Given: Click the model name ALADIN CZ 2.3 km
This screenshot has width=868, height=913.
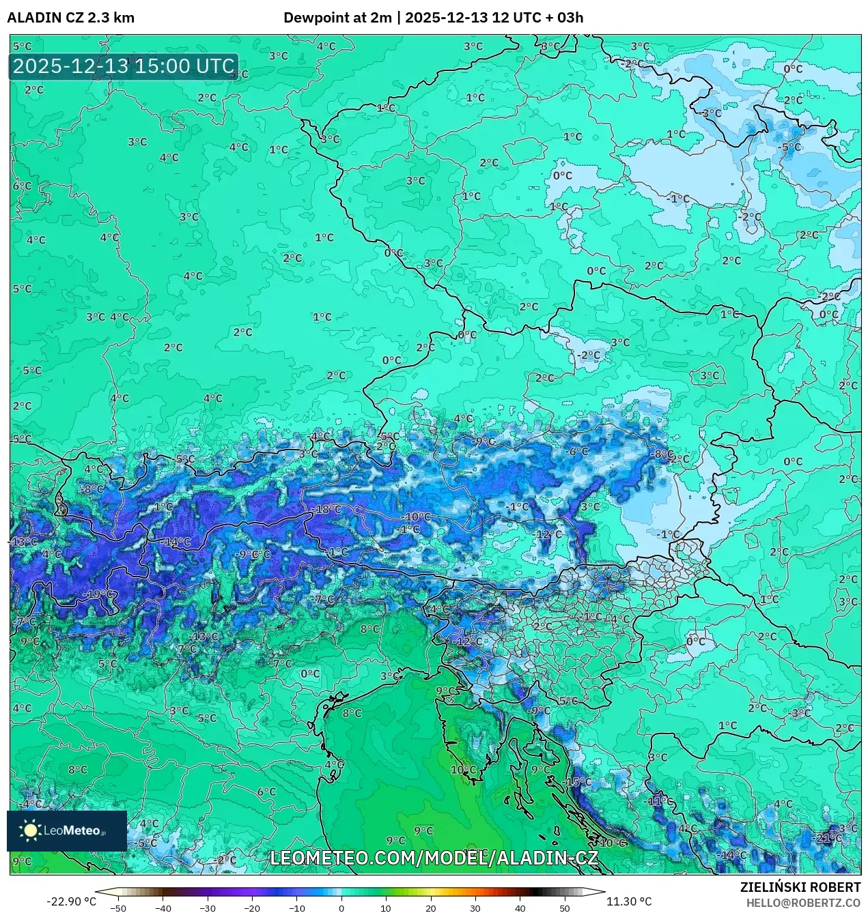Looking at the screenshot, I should tap(70, 18).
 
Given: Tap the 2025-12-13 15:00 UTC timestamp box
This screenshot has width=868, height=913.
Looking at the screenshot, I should tap(124, 66).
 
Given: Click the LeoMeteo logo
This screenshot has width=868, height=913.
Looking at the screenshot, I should tap(66, 830).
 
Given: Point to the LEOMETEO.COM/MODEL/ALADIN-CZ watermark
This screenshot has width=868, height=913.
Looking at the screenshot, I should tap(434, 858).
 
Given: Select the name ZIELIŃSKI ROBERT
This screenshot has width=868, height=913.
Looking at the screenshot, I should tap(800, 887).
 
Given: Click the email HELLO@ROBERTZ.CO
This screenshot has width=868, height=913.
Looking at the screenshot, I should tap(803, 903).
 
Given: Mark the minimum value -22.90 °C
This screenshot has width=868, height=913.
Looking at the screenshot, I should tap(71, 901).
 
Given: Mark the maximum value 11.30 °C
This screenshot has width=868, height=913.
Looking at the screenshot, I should tap(629, 901).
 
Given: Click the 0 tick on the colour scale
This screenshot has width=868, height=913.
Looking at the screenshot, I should tap(341, 908).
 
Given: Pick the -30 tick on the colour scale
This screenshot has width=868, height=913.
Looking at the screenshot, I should tap(208, 908).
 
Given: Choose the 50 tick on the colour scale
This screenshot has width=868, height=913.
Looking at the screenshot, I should tap(564, 908).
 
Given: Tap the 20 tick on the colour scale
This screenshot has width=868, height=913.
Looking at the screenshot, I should tap(430, 908).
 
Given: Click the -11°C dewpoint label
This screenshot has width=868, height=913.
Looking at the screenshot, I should tap(660, 800).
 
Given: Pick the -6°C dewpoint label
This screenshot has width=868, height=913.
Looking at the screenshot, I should tap(578, 451).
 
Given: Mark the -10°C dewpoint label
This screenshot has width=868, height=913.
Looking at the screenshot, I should tap(418, 517).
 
